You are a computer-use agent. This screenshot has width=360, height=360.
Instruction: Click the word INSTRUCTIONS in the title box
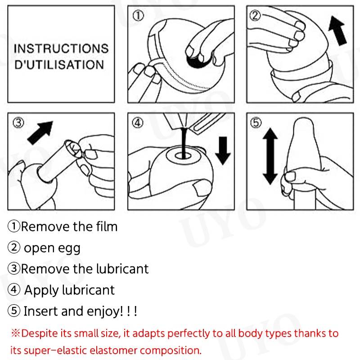61,49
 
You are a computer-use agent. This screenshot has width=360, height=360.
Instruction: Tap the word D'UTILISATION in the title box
59,64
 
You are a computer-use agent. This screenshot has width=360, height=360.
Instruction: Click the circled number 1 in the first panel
138,16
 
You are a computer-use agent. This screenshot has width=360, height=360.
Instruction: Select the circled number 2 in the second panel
255,16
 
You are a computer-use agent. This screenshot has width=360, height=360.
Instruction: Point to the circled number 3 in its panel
18,123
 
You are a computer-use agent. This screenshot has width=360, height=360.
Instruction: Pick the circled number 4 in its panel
138,123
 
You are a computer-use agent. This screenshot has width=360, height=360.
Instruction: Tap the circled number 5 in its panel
256,123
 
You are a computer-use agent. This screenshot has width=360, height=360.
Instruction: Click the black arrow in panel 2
337,31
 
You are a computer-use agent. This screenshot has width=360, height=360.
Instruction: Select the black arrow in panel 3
40,133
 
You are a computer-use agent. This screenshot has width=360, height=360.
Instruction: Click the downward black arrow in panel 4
223,151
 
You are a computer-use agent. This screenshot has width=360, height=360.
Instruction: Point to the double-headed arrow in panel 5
270,156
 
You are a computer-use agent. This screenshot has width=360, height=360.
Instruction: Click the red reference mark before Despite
16,333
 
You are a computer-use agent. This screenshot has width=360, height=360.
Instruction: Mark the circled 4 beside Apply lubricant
14,289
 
